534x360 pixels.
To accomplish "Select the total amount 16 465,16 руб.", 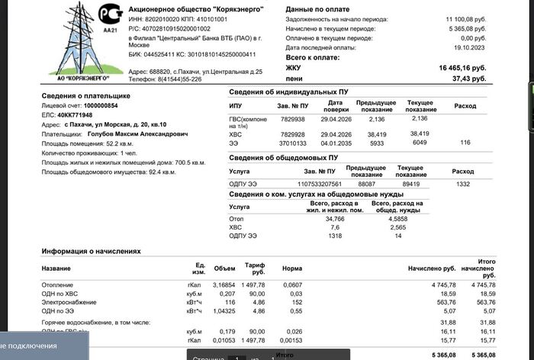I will click(x=462, y=68).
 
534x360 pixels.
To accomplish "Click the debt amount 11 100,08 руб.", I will click(x=463, y=17).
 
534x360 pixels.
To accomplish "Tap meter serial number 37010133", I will click(x=292, y=143).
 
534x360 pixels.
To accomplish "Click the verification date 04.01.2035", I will click(x=335, y=143).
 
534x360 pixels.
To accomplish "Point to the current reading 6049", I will click(x=420, y=143).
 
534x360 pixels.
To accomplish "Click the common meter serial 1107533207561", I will click(x=320, y=184).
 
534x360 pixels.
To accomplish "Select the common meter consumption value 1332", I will click(x=462, y=184).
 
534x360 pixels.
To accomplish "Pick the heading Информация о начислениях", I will click(x=91, y=251).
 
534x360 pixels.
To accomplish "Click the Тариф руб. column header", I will click(x=255, y=268).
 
